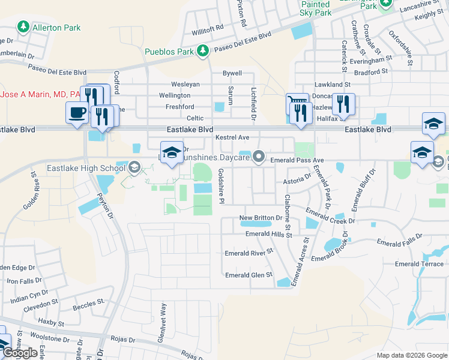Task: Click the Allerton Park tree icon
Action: (x=23, y=27)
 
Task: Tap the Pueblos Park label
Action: (x=169, y=52)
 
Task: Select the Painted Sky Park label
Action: (x=316, y=8)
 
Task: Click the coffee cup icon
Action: (x=77, y=113)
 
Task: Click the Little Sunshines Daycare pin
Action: (x=259, y=157)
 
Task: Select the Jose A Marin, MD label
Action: (x=41, y=95)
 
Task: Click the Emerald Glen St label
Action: (x=249, y=275)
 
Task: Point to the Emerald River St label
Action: (x=249, y=253)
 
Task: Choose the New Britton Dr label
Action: (x=261, y=218)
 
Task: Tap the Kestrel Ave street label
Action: (x=232, y=138)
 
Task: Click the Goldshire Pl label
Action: (x=221, y=185)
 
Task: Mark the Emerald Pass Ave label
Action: (x=297, y=161)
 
